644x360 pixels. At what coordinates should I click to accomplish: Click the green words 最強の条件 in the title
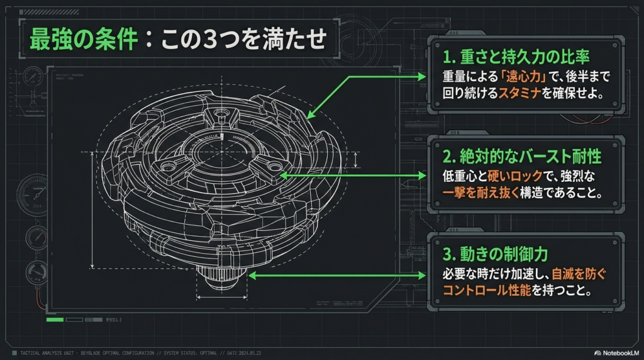pyautogui.click(x=84, y=40)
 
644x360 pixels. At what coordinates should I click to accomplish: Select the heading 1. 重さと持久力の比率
pyautogui.click(x=516, y=57)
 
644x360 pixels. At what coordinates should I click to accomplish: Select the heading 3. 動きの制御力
pyautogui.click(x=495, y=254)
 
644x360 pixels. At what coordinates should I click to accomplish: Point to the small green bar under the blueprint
pyautogui.click(x=55, y=320)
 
